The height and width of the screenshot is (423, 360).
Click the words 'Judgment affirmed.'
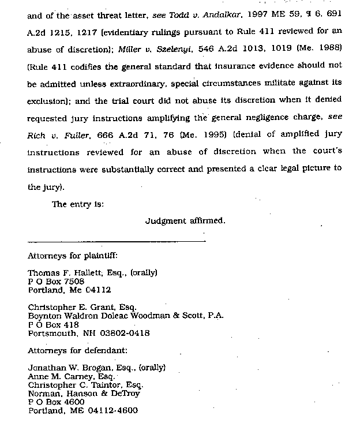185,220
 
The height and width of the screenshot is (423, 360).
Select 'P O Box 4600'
56,402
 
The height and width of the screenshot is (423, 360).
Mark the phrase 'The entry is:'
77,204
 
